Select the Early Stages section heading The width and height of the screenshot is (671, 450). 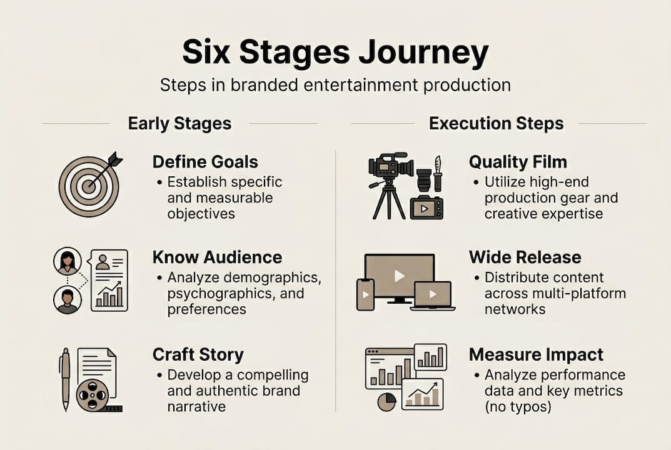[x=179, y=123]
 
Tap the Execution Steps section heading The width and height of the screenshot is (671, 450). [x=496, y=123]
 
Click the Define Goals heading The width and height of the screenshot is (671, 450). [x=205, y=162]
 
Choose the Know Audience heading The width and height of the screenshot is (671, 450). [x=217, y=257]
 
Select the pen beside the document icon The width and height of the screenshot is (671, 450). [x=65, y=379]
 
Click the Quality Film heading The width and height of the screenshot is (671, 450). [x=518, y=162]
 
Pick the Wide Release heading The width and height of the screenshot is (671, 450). [x=525, y=257]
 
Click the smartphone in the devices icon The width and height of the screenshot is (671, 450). [x=365, y=294]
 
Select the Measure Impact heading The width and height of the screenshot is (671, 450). [x=536, y=354]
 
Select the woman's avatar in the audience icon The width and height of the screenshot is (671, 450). [x=67, y=261]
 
